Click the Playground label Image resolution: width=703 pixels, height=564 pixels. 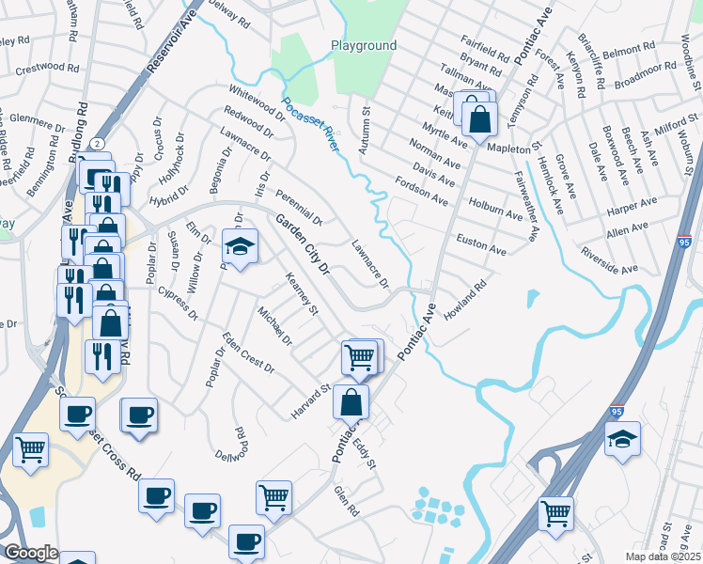(x=364, y=45)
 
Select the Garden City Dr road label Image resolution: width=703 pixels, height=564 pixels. (x=304, y=243)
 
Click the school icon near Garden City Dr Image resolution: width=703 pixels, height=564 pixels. (x=240, y=248)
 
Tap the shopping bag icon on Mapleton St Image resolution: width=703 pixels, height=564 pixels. (x=479, y=120)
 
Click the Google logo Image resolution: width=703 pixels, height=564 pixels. (x=30, y=553)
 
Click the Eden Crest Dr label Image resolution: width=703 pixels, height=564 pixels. (x=248, y=352)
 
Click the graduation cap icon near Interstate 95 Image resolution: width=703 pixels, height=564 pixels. (x=622, y=439)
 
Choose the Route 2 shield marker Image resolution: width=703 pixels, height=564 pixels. (x=97, y=143)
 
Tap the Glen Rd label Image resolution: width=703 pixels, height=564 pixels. (x=348, y=500)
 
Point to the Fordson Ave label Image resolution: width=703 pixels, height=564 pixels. (x=422, y=189)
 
